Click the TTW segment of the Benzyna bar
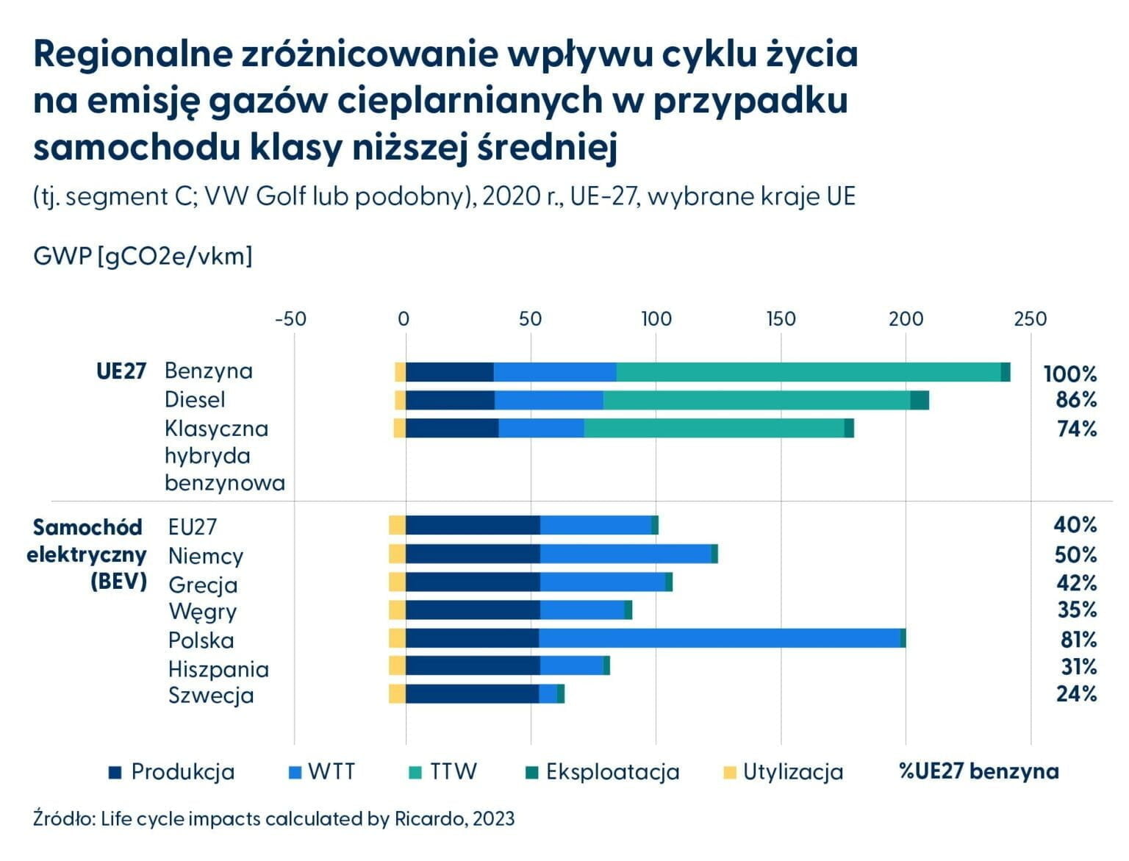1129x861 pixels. click(809, 372)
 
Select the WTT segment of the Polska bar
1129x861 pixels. click(720, 638)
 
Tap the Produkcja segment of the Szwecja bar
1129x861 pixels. click(473, 693)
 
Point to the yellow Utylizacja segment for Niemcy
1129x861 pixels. click(397, 554)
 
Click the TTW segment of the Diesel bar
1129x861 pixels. click(757, 400)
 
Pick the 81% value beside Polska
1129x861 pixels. click(1078, 639)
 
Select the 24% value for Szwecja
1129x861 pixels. click(1077, 693)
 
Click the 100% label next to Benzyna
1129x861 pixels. click(1070, 374)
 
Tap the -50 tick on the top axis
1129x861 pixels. click(290, 318)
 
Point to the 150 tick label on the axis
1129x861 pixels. click(781, 318)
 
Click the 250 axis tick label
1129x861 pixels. click(1030, 318)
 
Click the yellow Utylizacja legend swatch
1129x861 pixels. click(730, 772)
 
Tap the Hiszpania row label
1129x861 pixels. click(218, 669)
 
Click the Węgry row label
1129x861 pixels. click(203, 611)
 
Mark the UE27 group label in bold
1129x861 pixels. click(121, 371)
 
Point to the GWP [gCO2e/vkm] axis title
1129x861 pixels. click(143, 256)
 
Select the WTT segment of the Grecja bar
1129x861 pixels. click(603, 582)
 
